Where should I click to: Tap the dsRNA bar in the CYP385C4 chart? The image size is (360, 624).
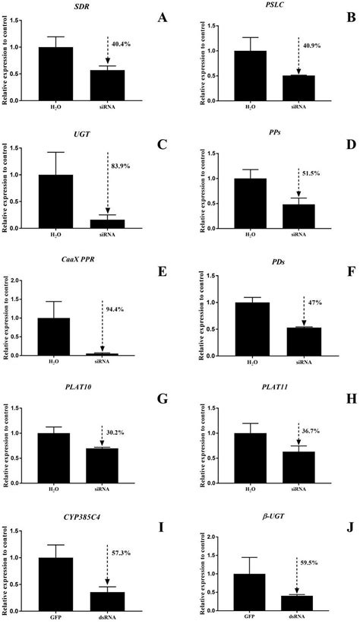coord(108,586)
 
